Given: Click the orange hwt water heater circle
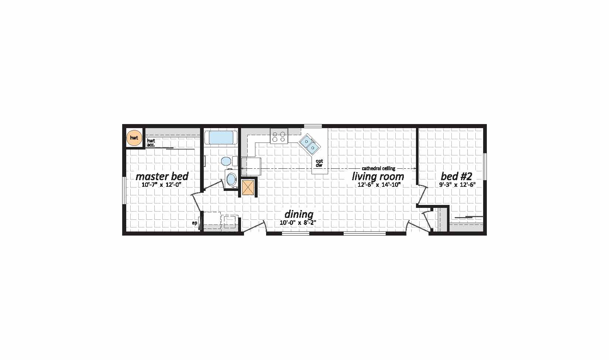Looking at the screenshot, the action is click(x=134, y=138).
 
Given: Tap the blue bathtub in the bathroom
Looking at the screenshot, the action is click(x=221, y=138).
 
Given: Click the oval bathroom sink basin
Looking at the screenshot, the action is click(x=231, y=179).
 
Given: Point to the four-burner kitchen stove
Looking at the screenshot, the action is click(x=279, y=136).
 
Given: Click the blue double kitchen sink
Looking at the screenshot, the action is click(x=309, y=144).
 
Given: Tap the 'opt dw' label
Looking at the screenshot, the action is click(x=319, y=163).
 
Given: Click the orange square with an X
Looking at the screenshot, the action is click(x=248, y=188).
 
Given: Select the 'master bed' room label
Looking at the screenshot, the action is click(x=162, y=176).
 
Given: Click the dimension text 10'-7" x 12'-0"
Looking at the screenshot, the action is click(x=162, y=185).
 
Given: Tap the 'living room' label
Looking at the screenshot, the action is click(x=378, y=177).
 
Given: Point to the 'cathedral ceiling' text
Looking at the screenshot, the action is click(x=378, y=169).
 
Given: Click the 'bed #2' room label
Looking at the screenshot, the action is click(x=456, y=176).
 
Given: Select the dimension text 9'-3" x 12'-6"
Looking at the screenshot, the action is click(x=457, y=185).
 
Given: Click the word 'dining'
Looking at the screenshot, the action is click(x=299, y=215).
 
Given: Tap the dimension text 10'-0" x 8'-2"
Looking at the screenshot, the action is click(x=298, y=223).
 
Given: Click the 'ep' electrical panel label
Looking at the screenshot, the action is click(x=195, y=223).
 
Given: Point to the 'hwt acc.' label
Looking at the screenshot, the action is click(x=151, y=143).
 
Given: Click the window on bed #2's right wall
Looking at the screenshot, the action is click(x=485, y=167).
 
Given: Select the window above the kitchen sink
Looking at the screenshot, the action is click(x=313, y=126).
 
